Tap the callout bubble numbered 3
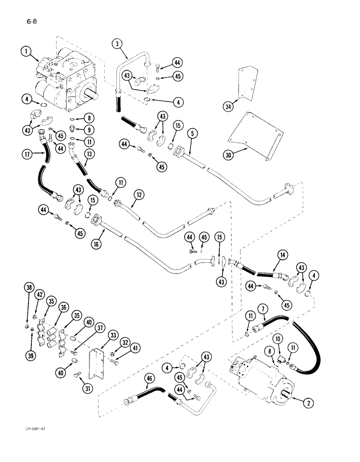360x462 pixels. [x=117, y=44]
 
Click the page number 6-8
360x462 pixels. [x=26, y=20]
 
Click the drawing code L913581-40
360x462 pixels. [x=33, y=442]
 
